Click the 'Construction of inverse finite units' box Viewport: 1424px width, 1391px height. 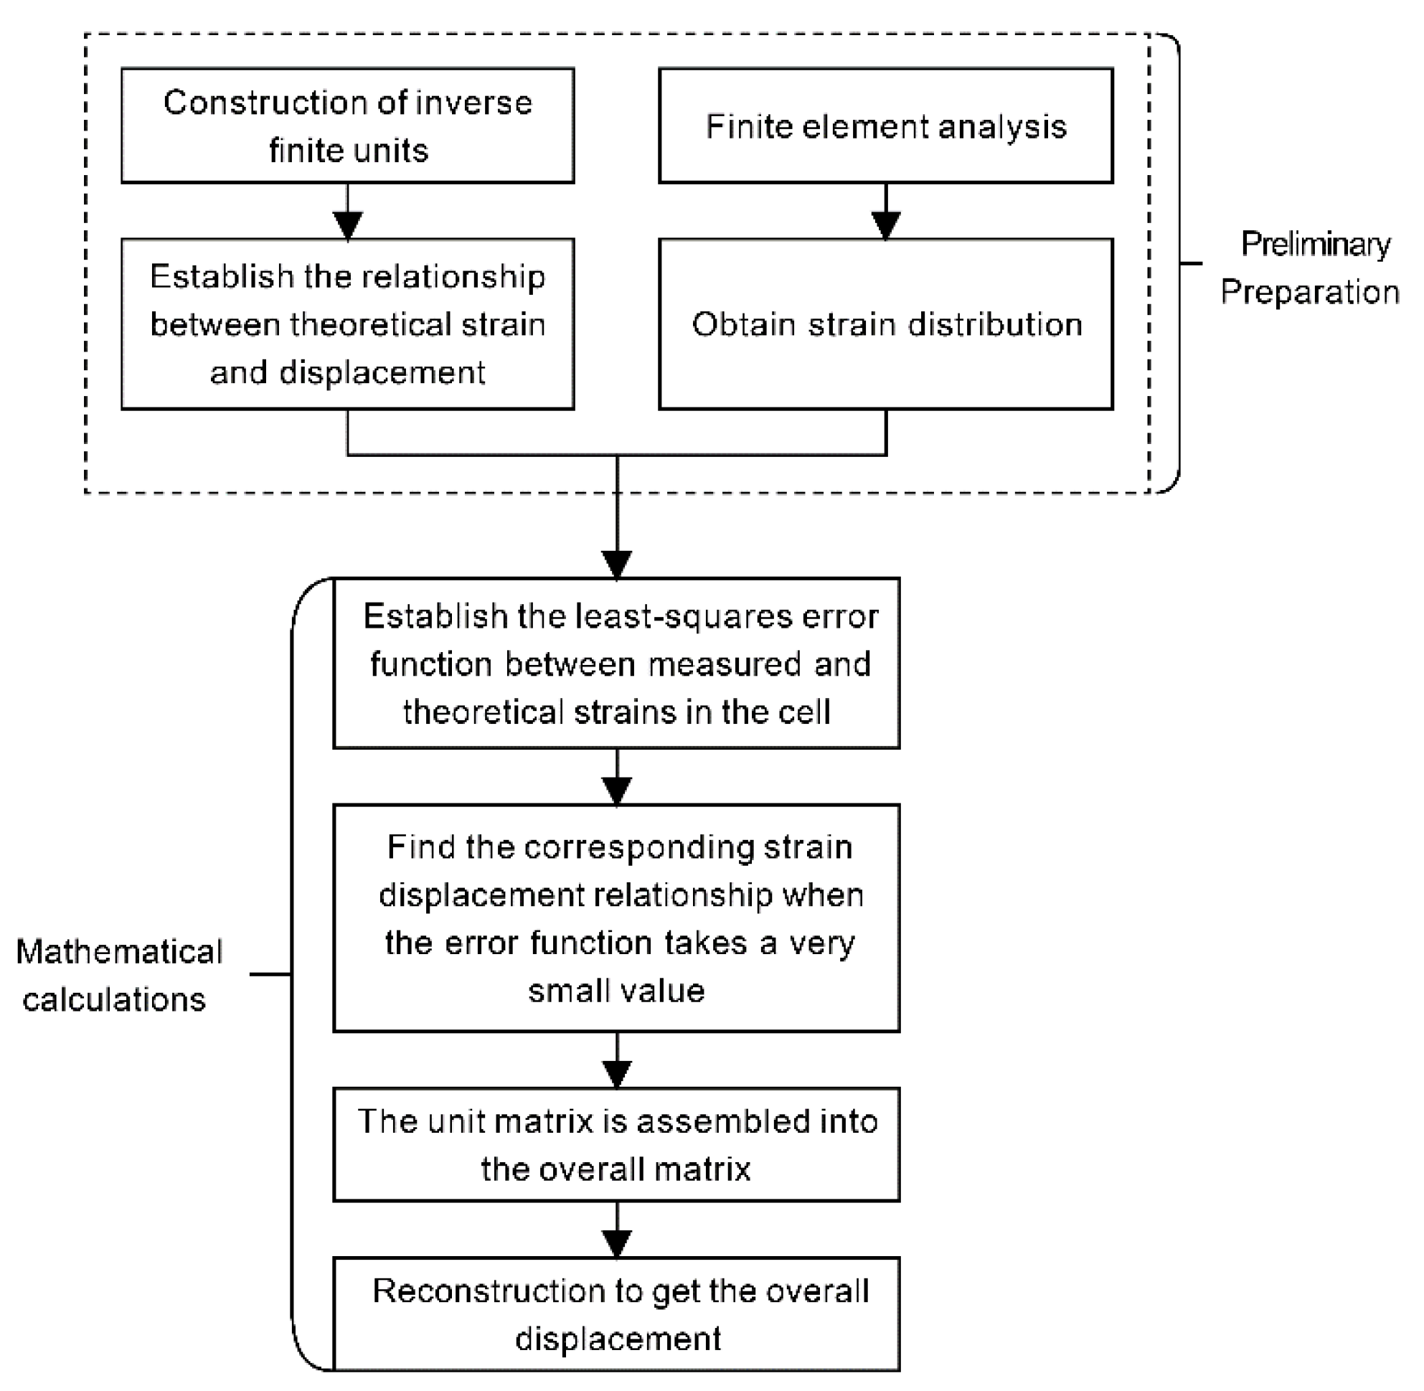point(348,126)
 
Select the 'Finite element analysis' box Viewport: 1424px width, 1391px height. point(885,126)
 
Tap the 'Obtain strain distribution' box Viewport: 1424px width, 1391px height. point(885,324)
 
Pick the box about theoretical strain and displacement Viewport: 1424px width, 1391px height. point(348,324)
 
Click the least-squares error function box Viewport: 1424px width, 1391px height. point(617,664)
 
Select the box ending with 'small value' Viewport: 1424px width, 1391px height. point(617,918)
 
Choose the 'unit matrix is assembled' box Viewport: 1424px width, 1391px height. point(617,1145)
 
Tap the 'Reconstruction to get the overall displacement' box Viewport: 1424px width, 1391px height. point(617,1314)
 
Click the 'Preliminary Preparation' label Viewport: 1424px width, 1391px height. point(1310,268)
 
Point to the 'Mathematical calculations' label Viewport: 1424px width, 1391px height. point(119,976)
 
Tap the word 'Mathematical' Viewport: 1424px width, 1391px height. point(119,952)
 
